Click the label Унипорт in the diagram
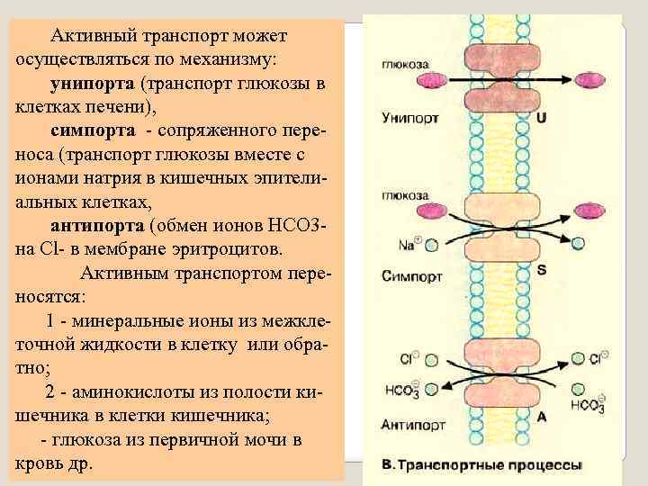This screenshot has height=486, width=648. pos(409,117)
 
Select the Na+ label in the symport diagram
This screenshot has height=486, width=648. pos(409,244)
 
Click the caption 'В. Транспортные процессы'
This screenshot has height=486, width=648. pos(481,466)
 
